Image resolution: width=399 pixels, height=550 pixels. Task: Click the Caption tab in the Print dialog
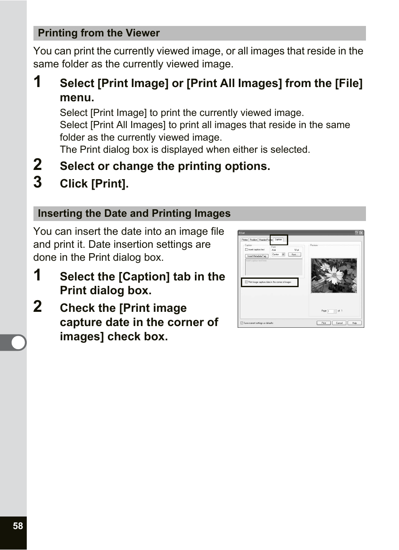279,239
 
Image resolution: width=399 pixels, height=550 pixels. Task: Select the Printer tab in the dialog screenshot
245,240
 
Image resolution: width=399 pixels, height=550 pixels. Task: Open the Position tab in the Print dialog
253,240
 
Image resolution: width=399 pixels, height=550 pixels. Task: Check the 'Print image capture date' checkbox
246,282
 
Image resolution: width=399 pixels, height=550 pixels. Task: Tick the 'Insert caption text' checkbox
246,249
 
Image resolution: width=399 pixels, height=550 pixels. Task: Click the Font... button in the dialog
294,254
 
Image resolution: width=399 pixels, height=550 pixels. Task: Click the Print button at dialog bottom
323,323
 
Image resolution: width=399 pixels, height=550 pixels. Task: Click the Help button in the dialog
354,323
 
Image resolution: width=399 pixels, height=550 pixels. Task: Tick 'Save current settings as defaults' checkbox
242,323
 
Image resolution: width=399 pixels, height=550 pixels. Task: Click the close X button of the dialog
361,233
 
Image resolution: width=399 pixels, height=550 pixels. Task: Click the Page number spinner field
331,311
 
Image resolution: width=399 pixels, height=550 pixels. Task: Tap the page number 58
18,526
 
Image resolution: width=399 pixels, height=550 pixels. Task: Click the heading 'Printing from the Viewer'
99,33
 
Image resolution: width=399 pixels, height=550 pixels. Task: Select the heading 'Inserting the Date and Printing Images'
134,213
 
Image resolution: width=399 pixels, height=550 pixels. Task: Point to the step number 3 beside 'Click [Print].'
38,182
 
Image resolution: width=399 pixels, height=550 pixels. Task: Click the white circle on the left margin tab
18,342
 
